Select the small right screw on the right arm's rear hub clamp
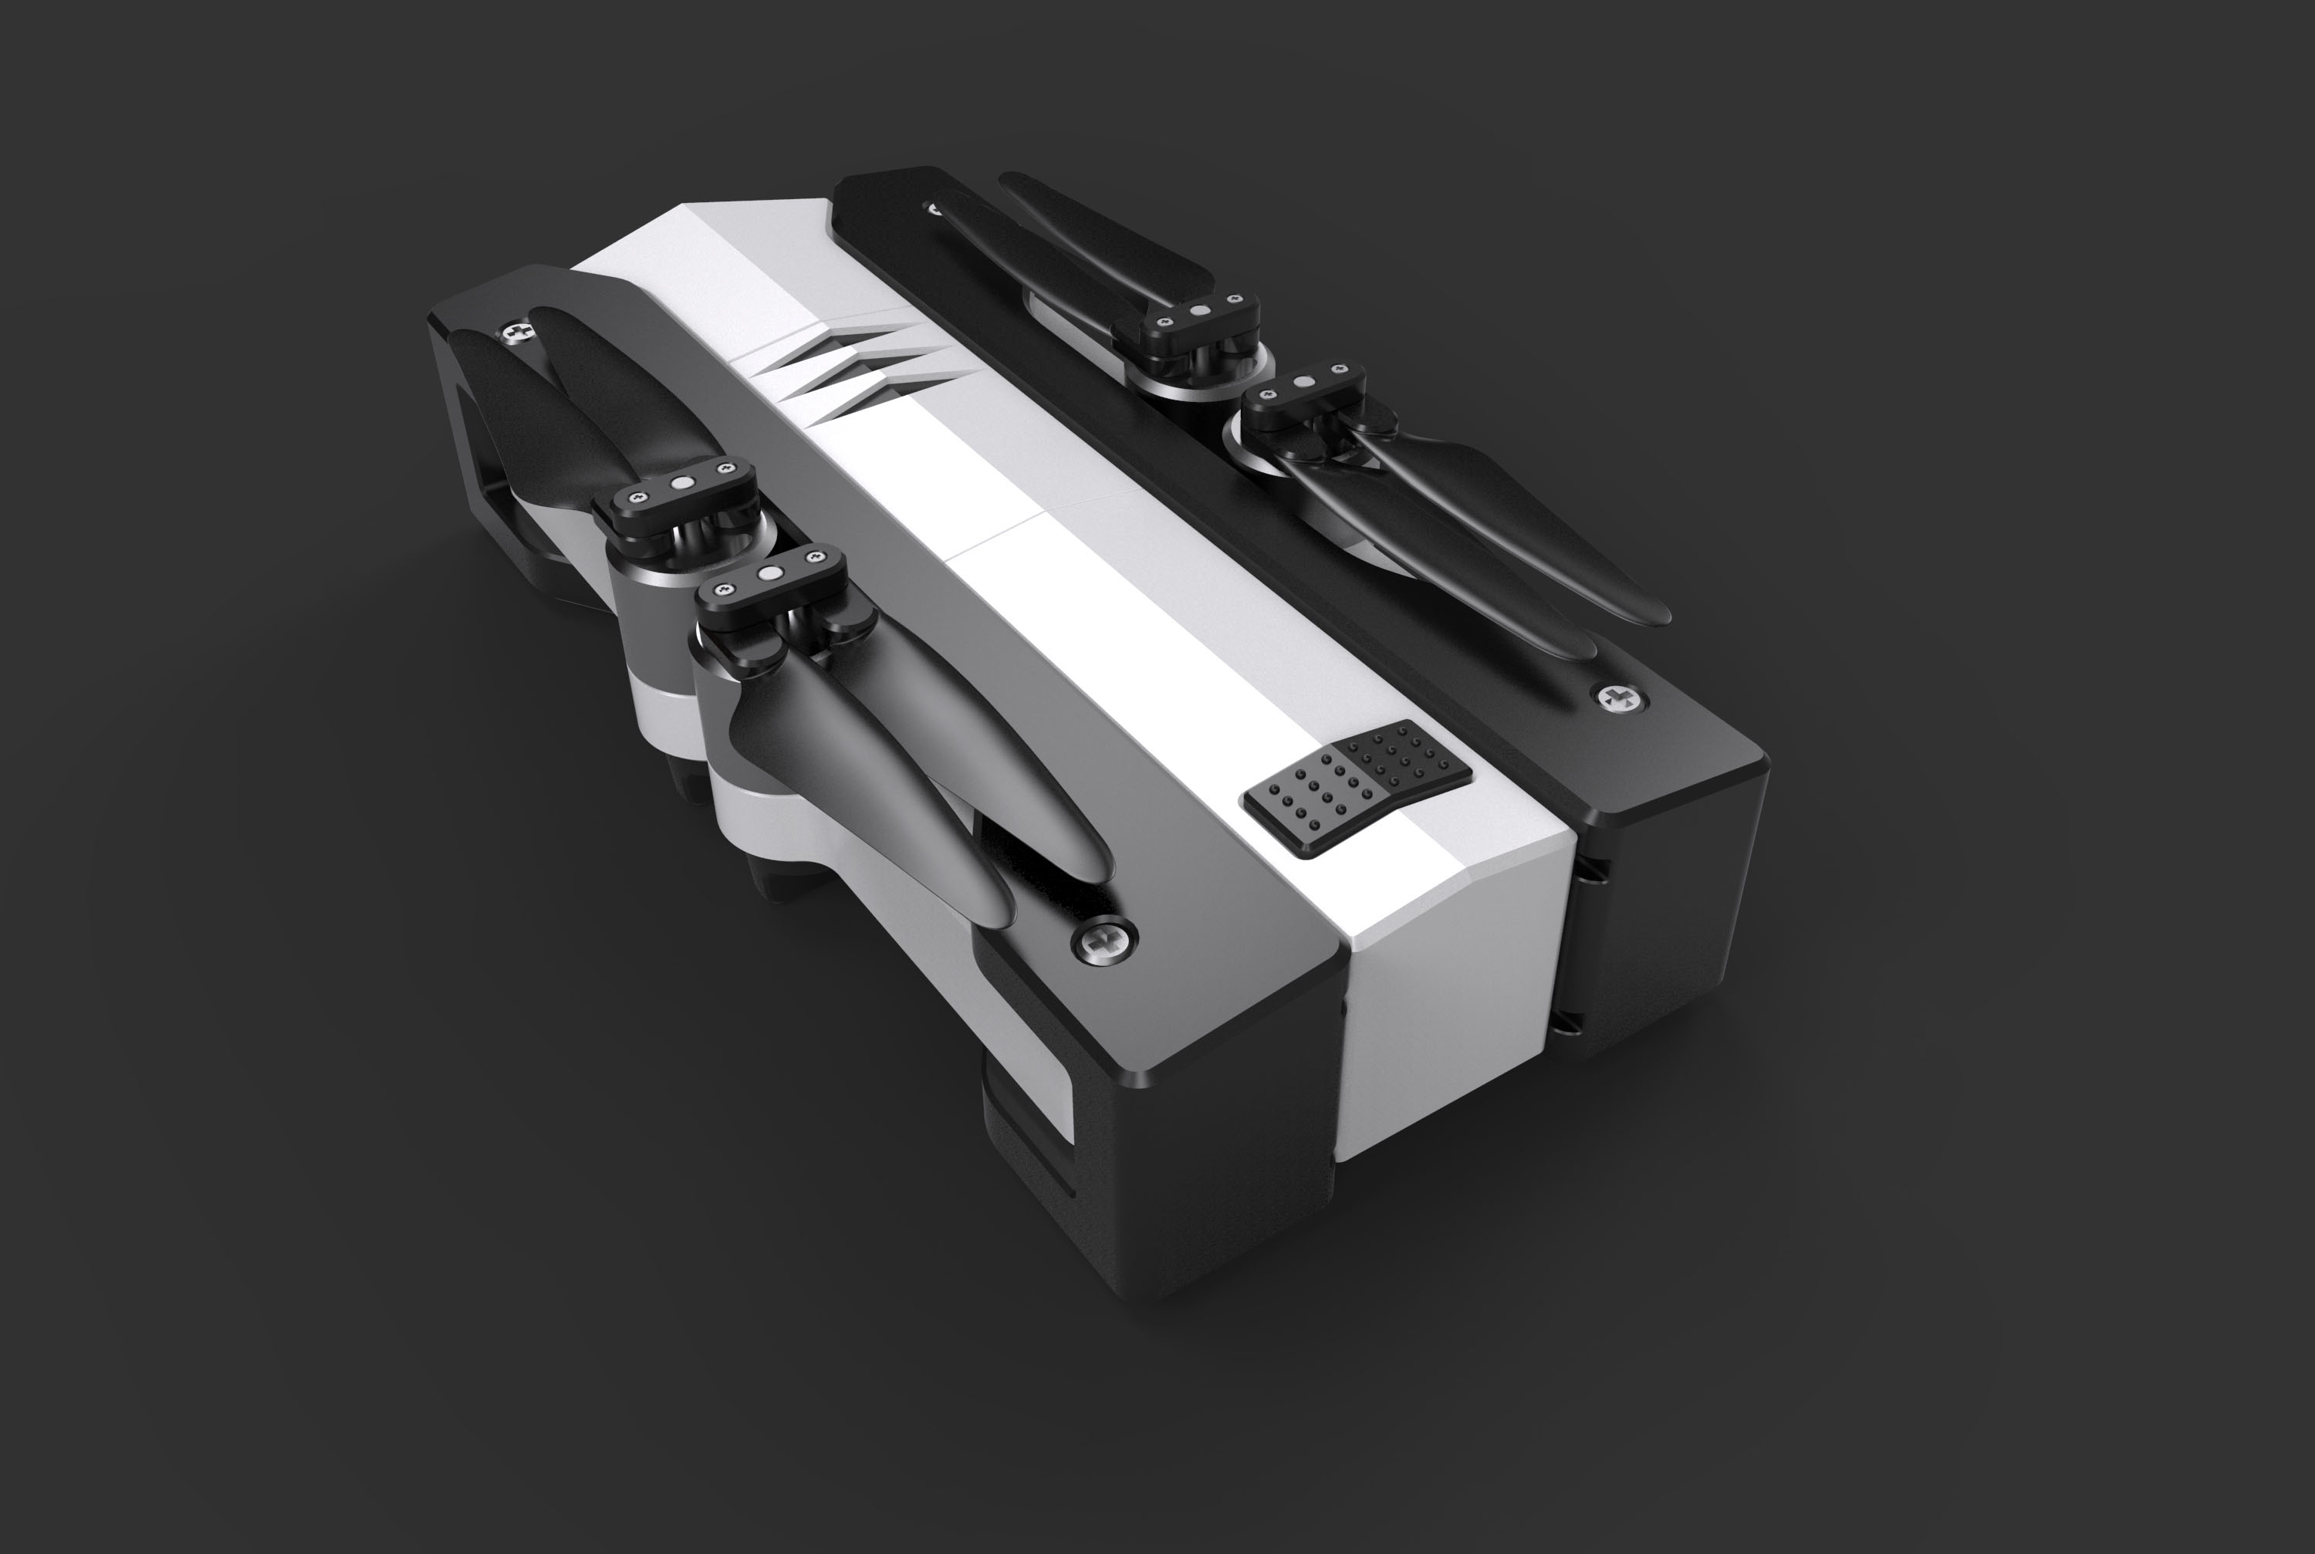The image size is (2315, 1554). [1235, 299]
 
